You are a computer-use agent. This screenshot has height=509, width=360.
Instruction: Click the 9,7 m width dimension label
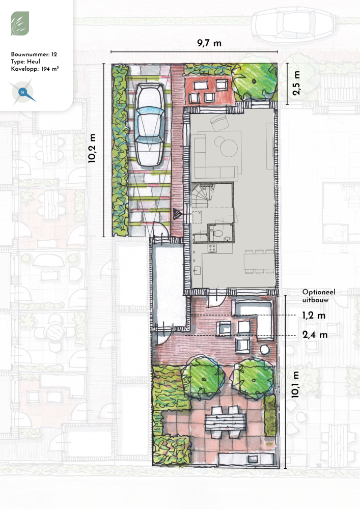pyautogui.click(x=209, y=43)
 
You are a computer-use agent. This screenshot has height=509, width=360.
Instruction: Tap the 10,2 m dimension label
pyautogui.click(x=92, y=148)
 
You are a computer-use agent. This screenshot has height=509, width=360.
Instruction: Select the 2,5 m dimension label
pyautogui.click(x=296, y=83)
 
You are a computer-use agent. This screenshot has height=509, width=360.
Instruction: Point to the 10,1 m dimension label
pyautogui.click(x=295, y=385)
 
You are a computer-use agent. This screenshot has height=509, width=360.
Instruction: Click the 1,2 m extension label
pyautogui.click(x=314, y=315)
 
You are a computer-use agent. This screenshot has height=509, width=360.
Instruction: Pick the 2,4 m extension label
pyautogui.click(x=315, y=335)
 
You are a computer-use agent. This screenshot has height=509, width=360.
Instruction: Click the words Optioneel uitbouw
pyautogui.click(x=319, y=296)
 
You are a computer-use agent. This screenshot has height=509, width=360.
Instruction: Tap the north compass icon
pyautogui.click(x=23, y=92)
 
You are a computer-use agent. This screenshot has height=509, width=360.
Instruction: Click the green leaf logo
pyautogui.click(x=20, y=23)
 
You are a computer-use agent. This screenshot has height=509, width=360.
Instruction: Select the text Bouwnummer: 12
pyautogui.click(x=34, y=54)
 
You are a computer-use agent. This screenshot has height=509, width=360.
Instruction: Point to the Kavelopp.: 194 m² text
pyautogui.click(x=35, y=69)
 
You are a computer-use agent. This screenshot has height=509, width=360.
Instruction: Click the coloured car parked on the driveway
pyautogui.click(x=149, y=125)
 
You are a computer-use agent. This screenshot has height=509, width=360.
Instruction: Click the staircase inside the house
pyautogui.click(x=203, y=195)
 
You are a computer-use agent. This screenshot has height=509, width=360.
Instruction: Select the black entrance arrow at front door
pyautogui.click(x=177, y=214)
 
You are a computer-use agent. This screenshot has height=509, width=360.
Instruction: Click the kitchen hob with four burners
pyautogui.click(x=212, y=248)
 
